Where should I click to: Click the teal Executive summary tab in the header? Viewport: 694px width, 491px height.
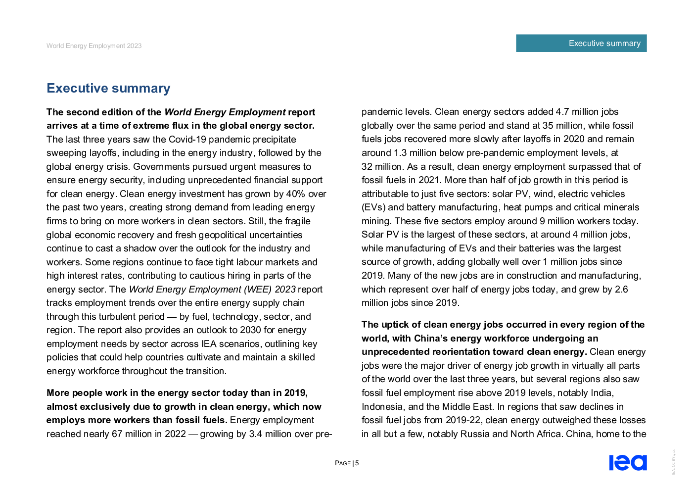(x=581, y=43)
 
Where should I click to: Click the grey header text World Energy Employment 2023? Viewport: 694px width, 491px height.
(x=94, y=46)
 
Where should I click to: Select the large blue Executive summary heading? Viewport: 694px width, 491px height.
(x=108, y=88)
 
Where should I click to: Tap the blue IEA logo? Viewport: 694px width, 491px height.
(x=628, y=462)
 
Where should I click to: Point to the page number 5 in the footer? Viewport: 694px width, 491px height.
(x=357, y=463)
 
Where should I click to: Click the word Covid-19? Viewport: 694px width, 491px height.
(x=187, y=140)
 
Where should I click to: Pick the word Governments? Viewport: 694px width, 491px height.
(x=161, y=167)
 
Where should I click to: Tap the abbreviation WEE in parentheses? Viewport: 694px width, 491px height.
(x=257, y=290)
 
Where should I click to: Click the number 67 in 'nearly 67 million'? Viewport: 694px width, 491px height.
(x=117, y=434)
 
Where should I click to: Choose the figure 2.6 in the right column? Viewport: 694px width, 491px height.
(x=621, y=290)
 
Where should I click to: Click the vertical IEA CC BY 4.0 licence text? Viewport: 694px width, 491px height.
(x=673, y=462)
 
